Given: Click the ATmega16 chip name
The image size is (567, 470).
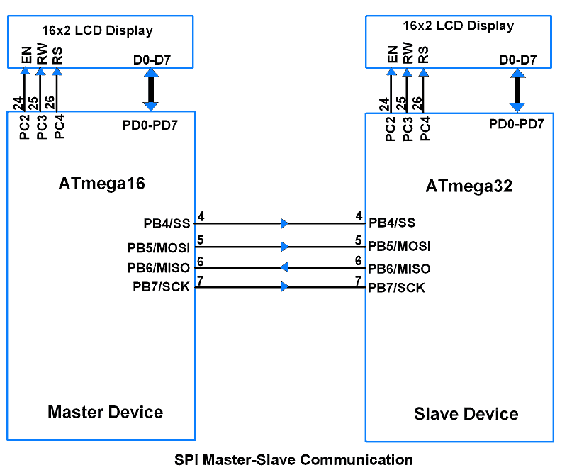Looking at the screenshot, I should [101, 184].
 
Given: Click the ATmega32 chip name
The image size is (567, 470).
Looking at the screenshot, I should [468, 186].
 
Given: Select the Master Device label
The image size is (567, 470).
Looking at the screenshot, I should [105, 412].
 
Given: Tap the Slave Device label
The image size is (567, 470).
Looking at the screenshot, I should [466, 414].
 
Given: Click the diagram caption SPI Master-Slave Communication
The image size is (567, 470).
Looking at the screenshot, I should [293, 459].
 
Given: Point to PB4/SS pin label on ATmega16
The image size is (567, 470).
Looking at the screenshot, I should [167, 223].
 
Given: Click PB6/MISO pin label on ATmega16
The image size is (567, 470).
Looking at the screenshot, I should [159, 268].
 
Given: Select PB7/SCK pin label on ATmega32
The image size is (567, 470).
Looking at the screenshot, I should [396, 288].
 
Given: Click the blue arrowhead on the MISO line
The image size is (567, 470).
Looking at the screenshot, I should [284, 267].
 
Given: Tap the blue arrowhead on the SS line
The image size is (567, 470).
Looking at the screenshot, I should [284, 223].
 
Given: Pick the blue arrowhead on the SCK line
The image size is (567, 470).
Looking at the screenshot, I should [284, 287].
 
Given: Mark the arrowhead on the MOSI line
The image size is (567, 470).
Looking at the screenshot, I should [284, 247].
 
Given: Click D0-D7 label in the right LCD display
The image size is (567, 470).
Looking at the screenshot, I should [517, 60].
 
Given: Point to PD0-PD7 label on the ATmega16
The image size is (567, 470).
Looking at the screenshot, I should [150, 125].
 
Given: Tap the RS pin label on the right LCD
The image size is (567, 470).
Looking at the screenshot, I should [423, 55].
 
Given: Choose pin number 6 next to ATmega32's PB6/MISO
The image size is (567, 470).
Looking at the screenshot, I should [359, 261].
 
